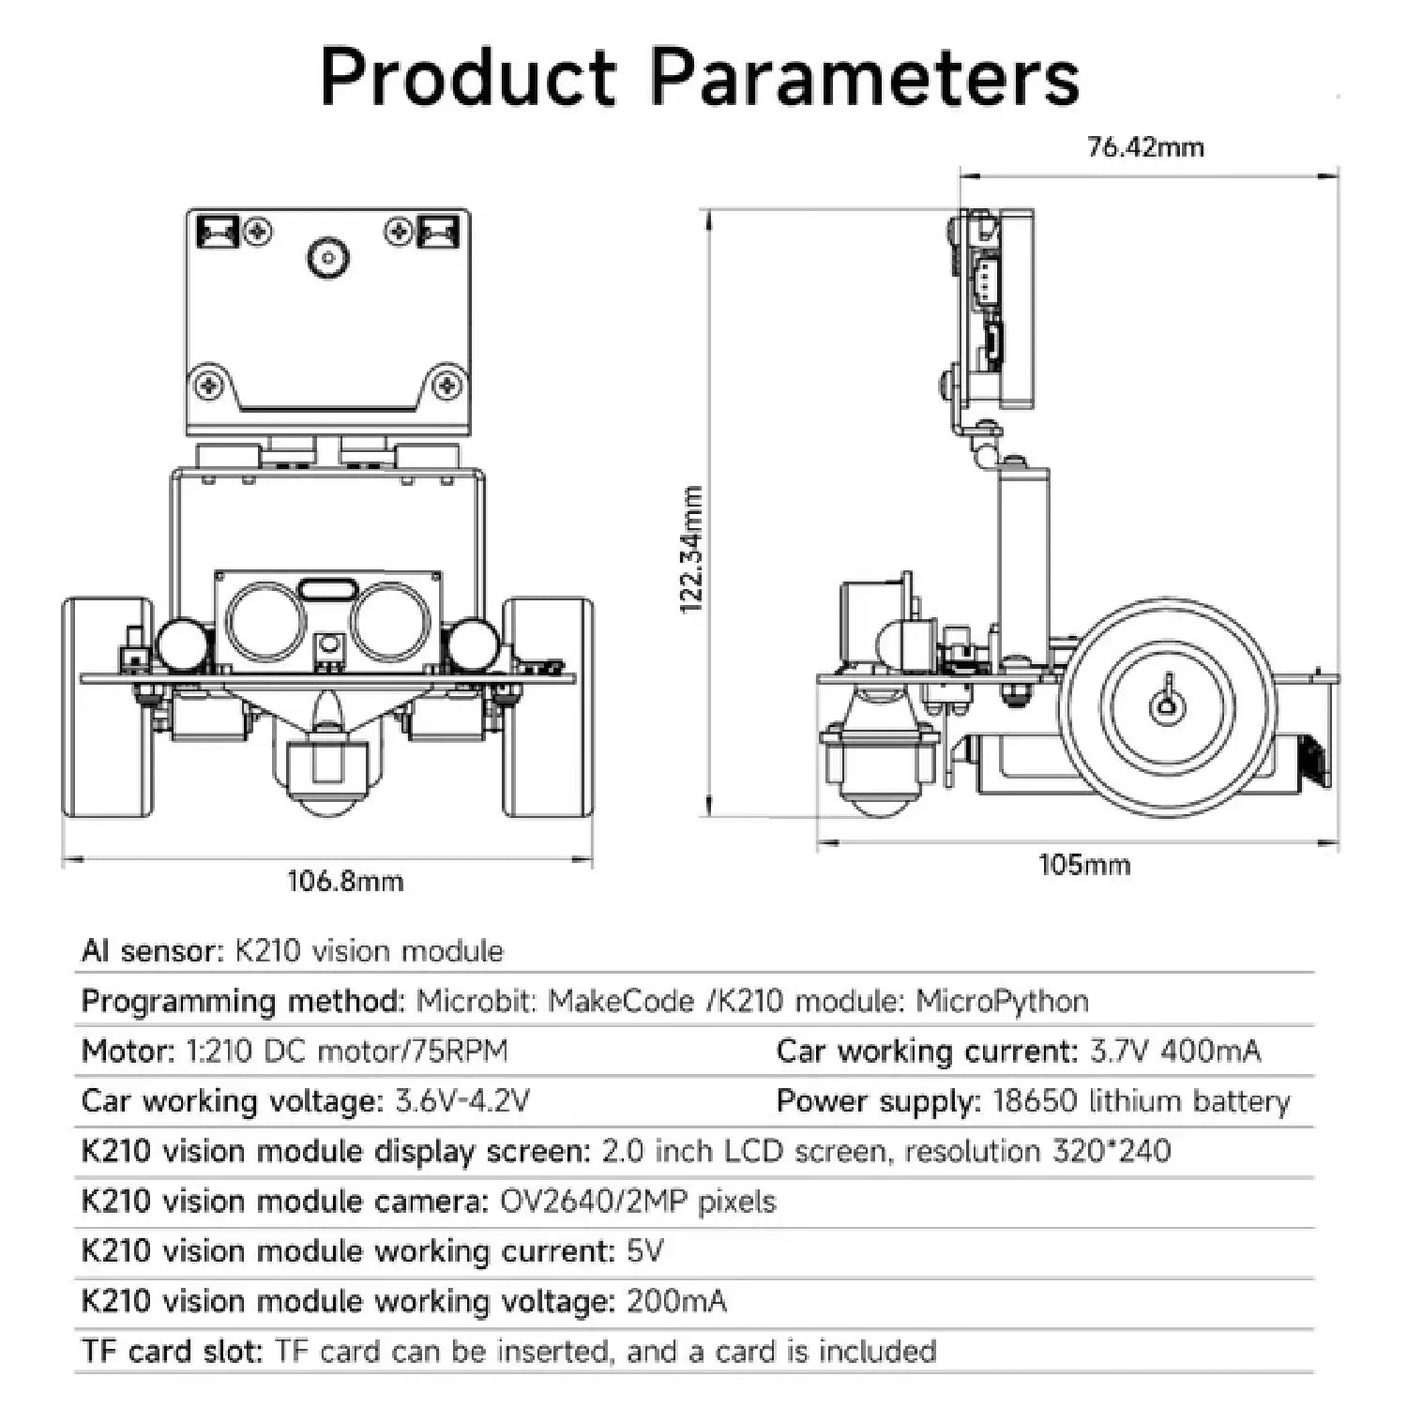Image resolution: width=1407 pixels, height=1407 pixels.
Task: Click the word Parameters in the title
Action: (864, 77)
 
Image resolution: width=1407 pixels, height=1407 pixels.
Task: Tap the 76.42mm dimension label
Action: (1145, 147)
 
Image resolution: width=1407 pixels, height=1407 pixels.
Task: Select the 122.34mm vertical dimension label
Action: (691, 550)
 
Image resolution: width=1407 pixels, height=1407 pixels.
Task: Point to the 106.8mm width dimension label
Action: (345, 881)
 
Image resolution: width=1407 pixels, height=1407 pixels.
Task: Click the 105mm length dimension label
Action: (1084, 864)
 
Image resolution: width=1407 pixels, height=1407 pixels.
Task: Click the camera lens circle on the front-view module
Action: (328, 256)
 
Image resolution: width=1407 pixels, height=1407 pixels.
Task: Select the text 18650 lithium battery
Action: (1142, 1100)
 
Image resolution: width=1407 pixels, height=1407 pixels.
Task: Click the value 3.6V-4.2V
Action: (462, 1100)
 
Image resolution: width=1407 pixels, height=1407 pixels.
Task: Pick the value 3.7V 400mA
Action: (1175, 1051)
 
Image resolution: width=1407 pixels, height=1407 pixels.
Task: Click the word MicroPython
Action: (1002, 1002)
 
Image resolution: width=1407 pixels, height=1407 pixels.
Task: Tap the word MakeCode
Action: (621, 1001)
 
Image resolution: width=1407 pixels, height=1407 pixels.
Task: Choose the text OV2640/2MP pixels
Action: (638, 1202)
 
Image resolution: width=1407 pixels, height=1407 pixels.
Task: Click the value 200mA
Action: (676, 1301)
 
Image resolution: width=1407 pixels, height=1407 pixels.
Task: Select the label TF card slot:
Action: (173, 1351)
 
